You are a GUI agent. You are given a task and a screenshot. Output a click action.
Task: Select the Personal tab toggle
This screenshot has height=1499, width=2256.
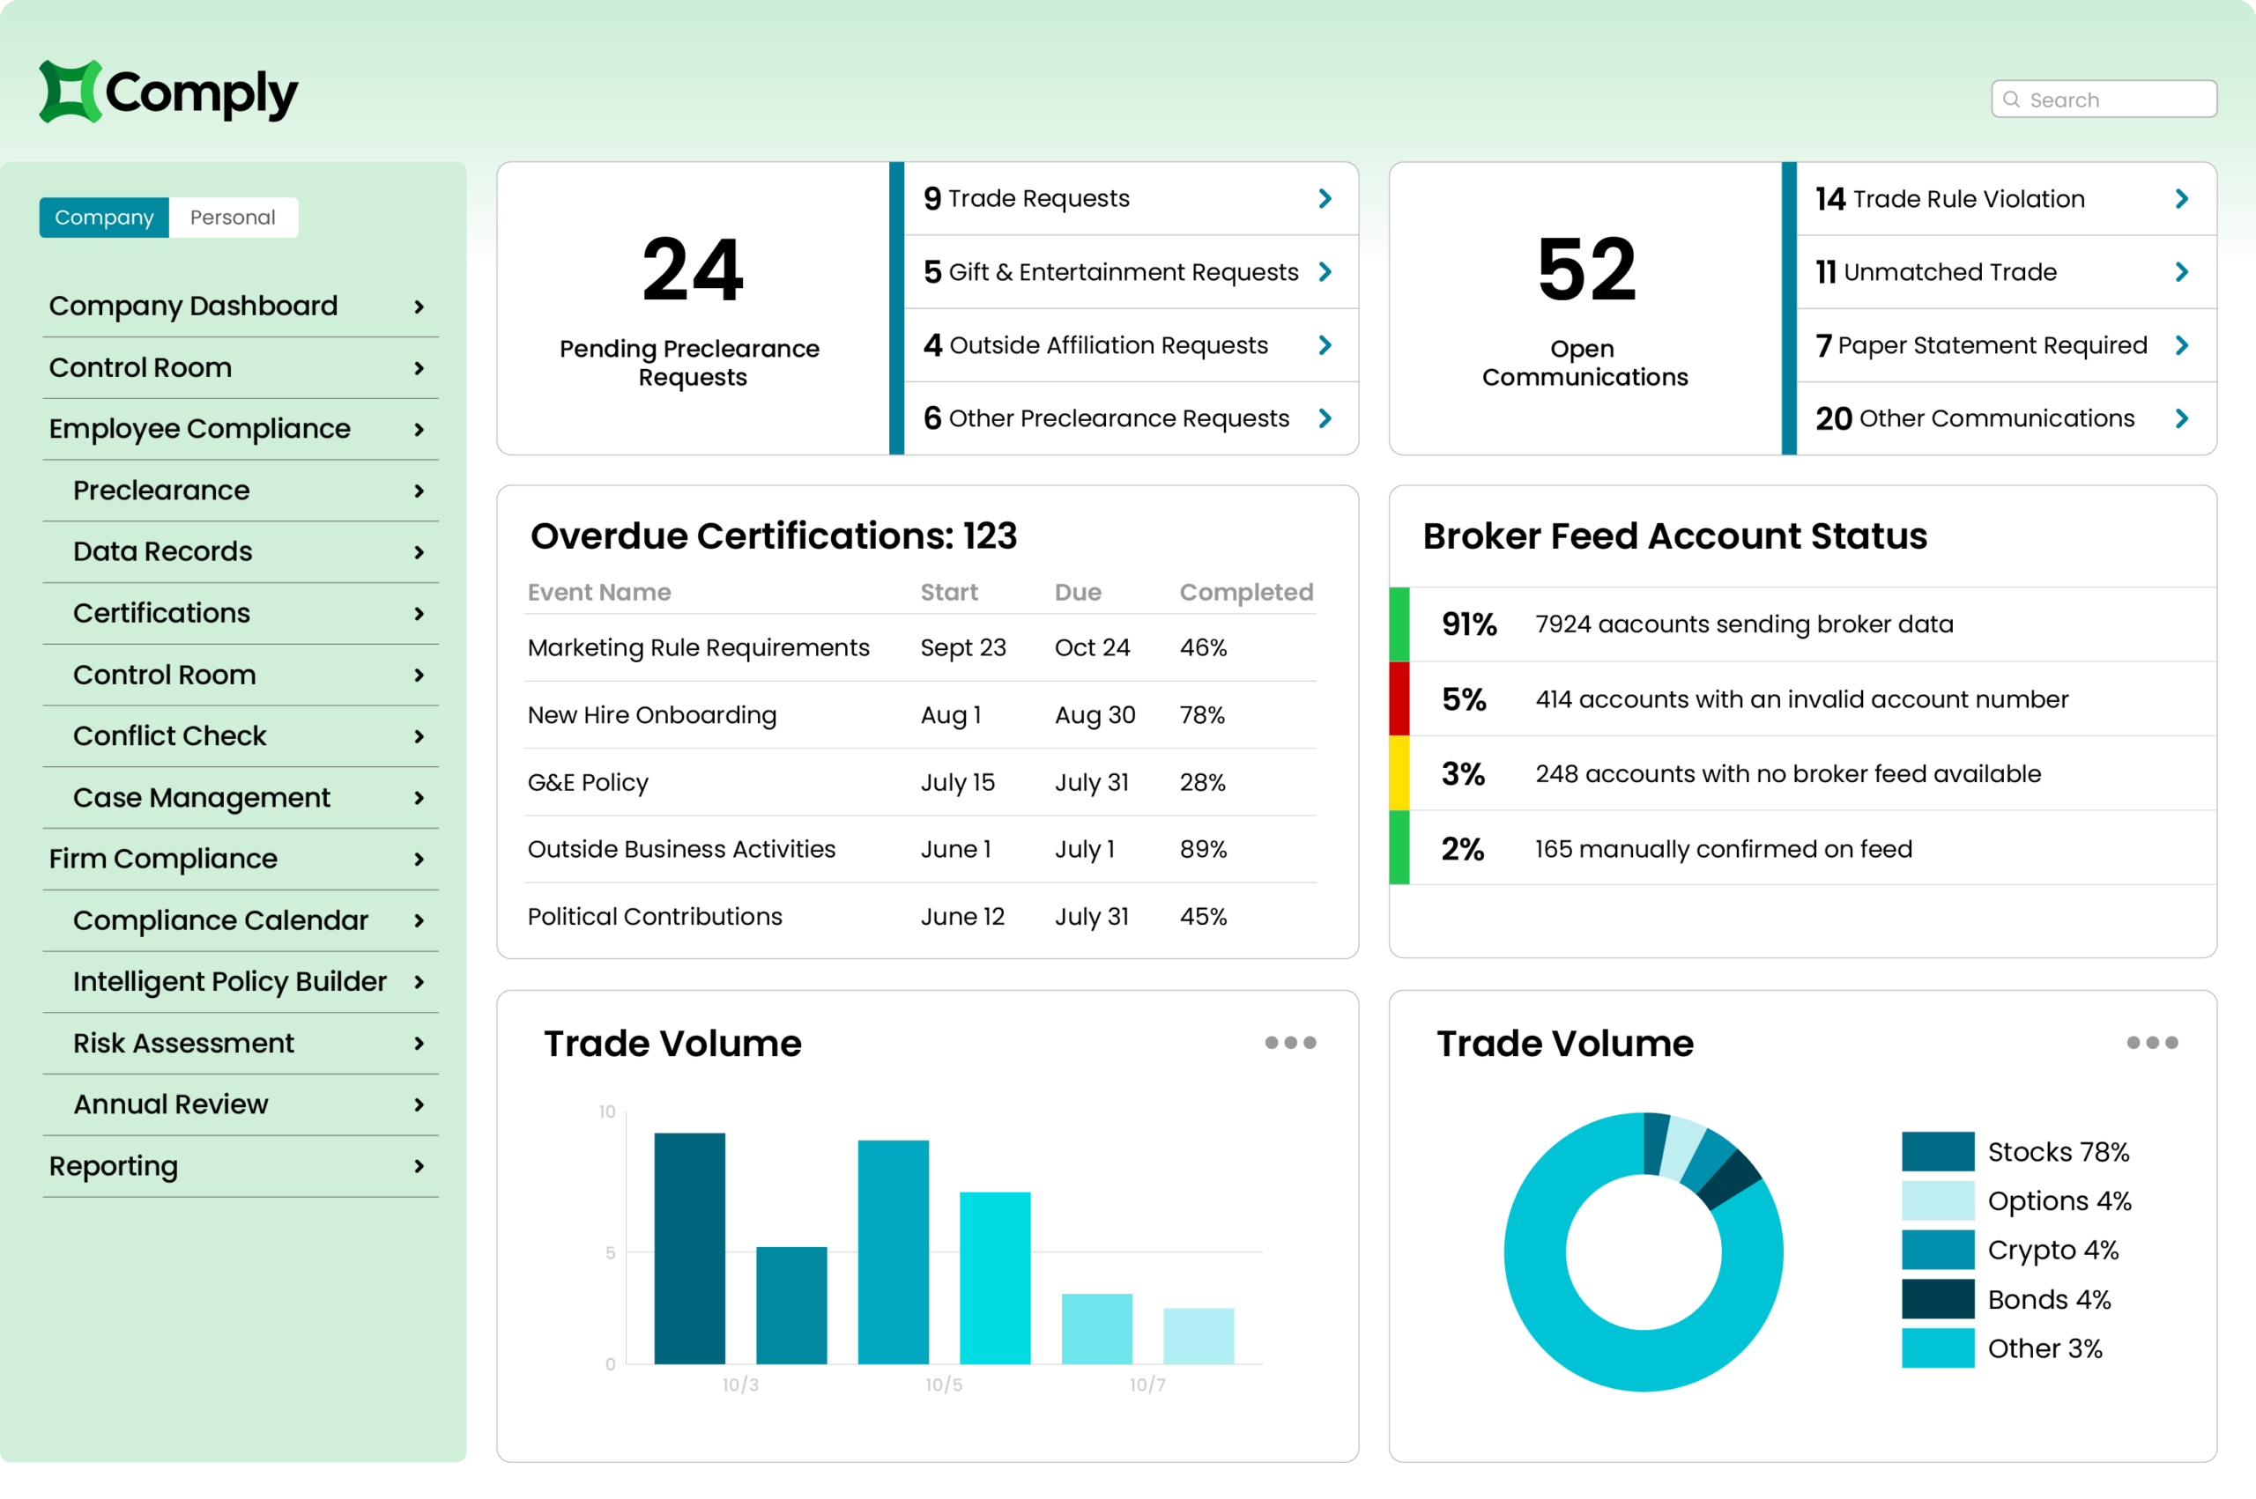pyautogui.click(x=233, y=217)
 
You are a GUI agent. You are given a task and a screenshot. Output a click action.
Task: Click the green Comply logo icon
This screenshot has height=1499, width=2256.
pyautogui.click(x=69, y=92)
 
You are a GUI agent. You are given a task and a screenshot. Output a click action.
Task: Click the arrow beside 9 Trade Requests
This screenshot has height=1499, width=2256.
pyautogui.click(x=1325, y=198)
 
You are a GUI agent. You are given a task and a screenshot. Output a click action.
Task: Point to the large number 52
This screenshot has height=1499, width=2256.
pyautogui.click(x=1585, y=270)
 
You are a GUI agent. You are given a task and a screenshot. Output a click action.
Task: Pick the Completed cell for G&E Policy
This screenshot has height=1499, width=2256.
pyautogui.click(x=1202, y=782)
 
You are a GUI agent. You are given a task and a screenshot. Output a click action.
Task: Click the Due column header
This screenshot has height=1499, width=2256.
pyautogui.click(x=1077, y=592)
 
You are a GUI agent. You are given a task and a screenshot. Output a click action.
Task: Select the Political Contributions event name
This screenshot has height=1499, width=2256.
pyautogui.click(x=654, y=916)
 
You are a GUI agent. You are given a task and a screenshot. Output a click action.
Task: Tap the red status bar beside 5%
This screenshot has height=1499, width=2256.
pyautogui.click(x=1399, y=698)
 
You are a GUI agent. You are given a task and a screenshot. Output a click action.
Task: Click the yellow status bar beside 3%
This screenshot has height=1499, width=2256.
pyautogui.click(x=1399, y=772)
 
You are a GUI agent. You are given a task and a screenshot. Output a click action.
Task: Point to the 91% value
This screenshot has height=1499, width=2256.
pyautogui.click(x=1468, y=624)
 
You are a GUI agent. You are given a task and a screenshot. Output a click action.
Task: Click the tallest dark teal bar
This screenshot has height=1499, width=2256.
pyautogui.click(x=689, y=1248)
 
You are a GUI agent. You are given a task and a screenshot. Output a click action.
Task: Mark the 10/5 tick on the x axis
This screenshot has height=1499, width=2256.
pyautogui.click(x=943, y=1385)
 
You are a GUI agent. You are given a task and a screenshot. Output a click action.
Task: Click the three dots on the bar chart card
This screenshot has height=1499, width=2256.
pyautogui.click(x=1290, y=1042)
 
